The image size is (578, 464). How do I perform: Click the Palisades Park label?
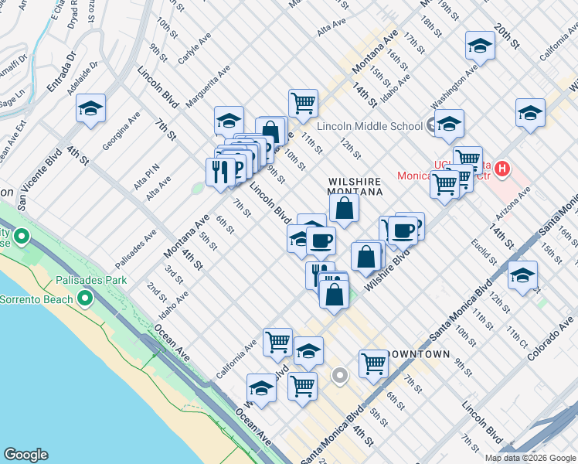click(89, 280)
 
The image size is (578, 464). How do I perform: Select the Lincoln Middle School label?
click(369, 126)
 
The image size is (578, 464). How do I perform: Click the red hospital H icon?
click(503, 168)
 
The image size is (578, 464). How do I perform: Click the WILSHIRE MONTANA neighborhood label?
click(355, 186)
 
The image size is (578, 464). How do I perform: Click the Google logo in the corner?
click(25, 455)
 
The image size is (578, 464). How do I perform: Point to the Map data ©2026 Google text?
click(529, 458)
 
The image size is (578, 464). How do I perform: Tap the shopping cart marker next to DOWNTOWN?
click(372, 363)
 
